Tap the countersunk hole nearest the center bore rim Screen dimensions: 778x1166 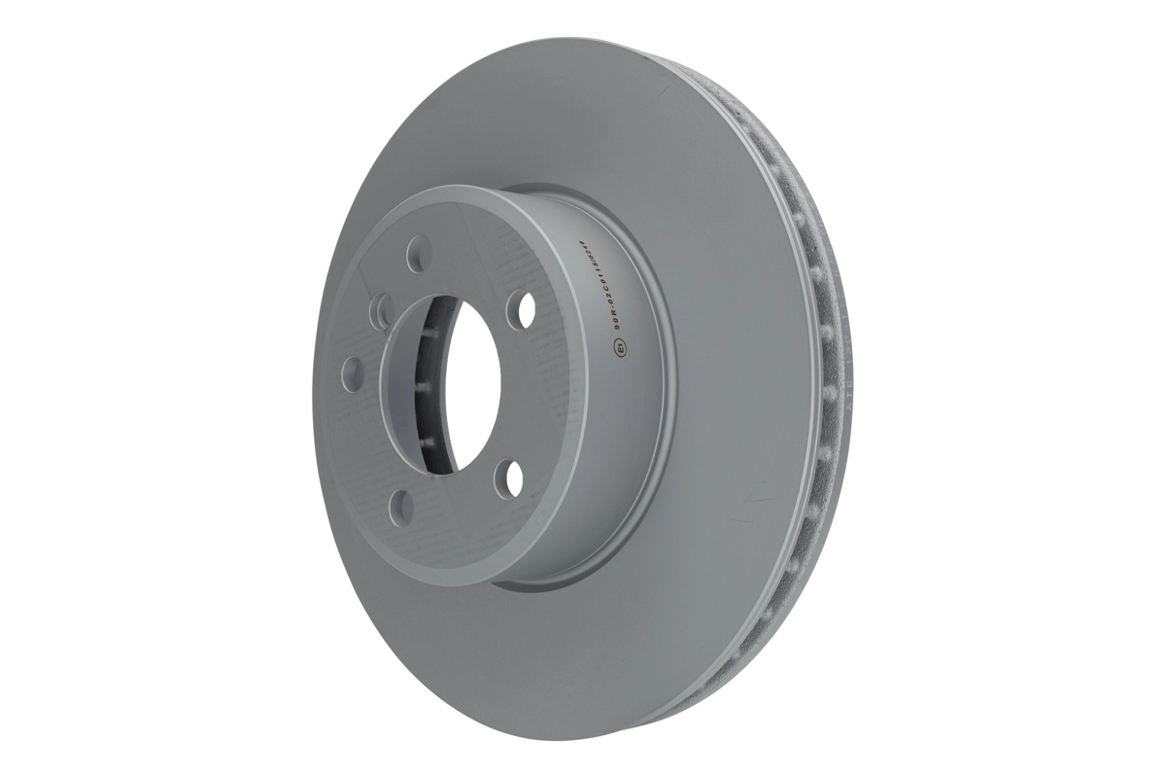click(380, 312)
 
